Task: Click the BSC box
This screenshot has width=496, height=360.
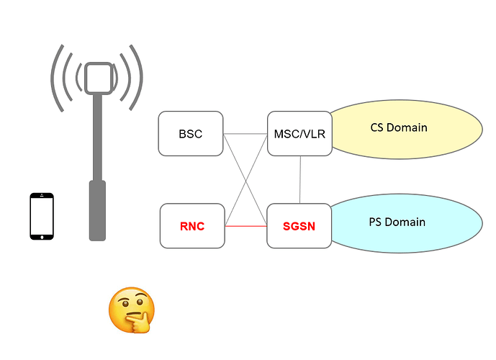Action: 191,134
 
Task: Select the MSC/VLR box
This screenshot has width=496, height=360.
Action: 299,134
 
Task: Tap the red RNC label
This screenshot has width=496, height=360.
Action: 191,226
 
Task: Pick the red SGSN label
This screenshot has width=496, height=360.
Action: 299,226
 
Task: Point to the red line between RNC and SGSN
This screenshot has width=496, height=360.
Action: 245,226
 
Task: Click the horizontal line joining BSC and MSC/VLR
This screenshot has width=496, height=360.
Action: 245,134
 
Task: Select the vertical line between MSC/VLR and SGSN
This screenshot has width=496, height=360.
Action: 299,180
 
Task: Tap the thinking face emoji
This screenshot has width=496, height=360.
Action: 130,310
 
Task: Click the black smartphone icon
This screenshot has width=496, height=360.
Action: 42,216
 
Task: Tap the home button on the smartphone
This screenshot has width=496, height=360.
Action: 42,235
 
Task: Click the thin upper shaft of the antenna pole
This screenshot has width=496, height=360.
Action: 96,137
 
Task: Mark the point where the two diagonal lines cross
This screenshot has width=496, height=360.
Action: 245,180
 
